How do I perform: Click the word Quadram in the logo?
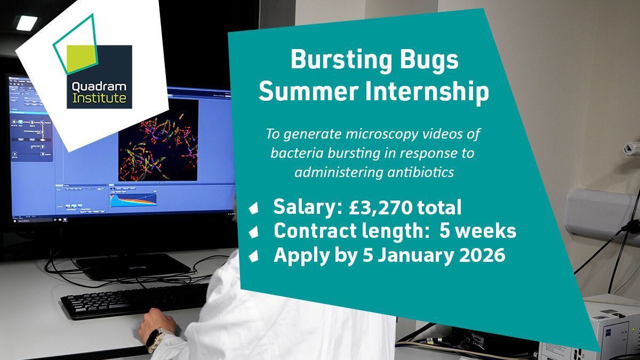tap(99, 87)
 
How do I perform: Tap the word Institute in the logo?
tap(99, 98)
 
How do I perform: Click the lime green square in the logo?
tap(81, 60)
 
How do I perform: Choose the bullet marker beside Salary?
tap(253, 207)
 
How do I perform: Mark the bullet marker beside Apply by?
tap(253, 255)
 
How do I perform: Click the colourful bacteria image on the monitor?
tap(158, 140)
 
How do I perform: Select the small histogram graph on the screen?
tap(133, 199)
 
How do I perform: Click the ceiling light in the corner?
tap(27, 23)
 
